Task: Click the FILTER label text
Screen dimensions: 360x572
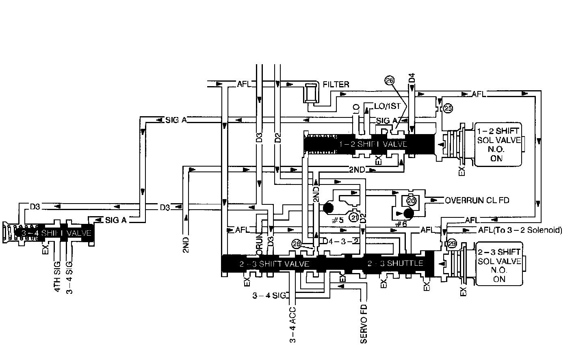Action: click(336, 85)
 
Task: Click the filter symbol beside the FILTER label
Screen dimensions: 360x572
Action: click(311, 93)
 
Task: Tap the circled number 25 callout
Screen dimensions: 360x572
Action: click(448, 108)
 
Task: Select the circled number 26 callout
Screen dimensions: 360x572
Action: click(390, 81)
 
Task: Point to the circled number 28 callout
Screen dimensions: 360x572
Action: click(297, 244)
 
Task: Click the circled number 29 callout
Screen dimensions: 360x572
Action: click(452, 244)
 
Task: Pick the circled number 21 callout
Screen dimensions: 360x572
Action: click(354, 218)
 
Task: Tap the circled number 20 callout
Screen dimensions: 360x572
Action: click(411, 201)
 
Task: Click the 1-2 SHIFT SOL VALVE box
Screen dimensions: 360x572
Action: click(498, 144)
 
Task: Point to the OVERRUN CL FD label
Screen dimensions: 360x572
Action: click(477, 200)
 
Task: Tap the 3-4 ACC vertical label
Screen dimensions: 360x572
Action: click(293, 325)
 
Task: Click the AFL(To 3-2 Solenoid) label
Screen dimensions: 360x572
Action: click(520, 230)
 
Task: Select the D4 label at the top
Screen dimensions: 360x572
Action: click(412, 78)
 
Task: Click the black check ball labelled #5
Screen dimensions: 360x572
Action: click(328, 208)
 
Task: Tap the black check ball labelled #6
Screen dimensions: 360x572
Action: click(408, 214)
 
